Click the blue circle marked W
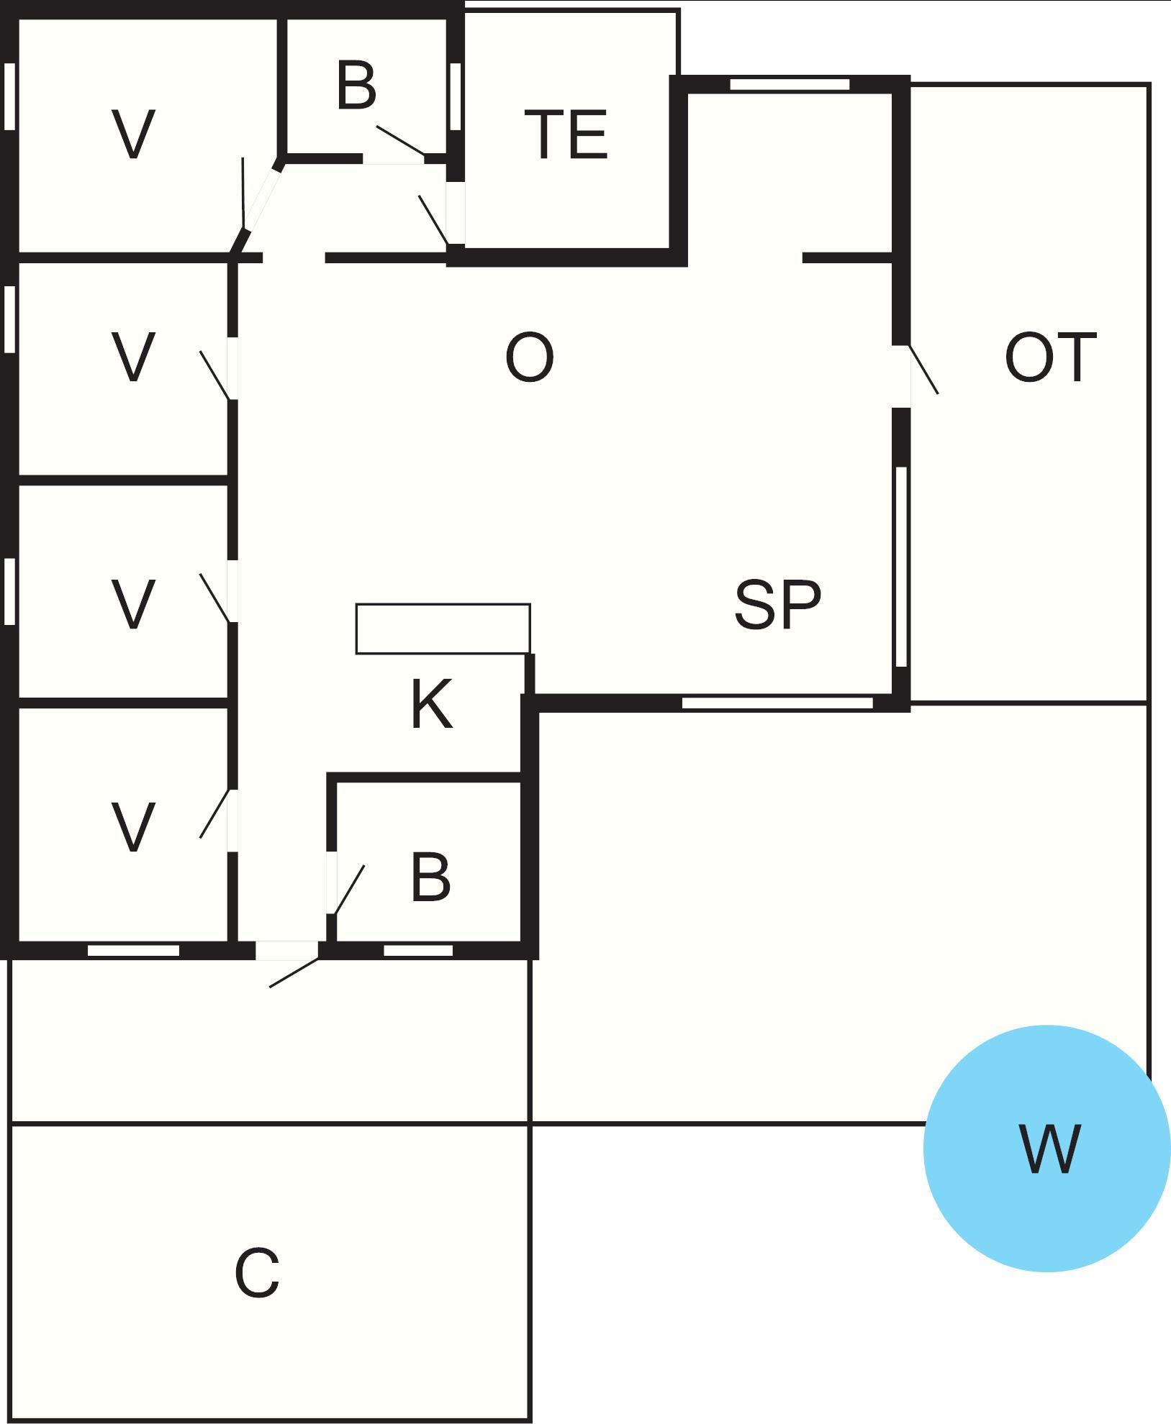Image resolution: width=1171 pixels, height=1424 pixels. tap(1046, 1148)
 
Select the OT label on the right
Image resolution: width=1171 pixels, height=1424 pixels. tap(1050, 357)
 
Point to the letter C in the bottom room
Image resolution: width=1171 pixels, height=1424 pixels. tap(257, 1273)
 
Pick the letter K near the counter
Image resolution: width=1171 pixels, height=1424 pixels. tap(432, 705)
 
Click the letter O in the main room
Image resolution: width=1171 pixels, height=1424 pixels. tap(530, 357)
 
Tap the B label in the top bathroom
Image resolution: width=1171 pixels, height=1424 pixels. tap(356, 86)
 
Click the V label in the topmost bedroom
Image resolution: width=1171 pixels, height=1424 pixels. tap(134, 134)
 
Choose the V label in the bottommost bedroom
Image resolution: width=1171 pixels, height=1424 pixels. tap(134, 827)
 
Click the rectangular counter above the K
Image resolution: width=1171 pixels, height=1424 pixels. tap(443, 629)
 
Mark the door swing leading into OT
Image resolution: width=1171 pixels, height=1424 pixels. tap(923, 370)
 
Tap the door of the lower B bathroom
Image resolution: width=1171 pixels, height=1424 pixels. tap(348, 889)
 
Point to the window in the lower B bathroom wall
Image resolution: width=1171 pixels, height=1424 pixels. tap(418, 951)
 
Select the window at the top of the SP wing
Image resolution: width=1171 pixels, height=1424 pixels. tap(790, 84)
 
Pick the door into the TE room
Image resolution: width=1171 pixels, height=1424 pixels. tap(435, 219)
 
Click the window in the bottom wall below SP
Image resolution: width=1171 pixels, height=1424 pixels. tap(777, 703)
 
